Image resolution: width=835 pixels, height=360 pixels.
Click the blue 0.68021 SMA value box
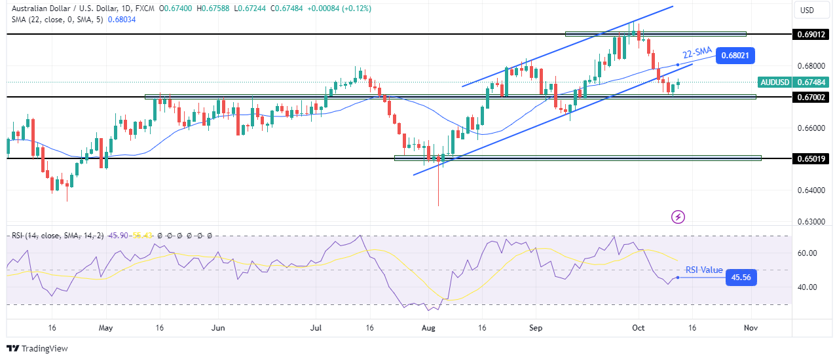(x=735, y=56)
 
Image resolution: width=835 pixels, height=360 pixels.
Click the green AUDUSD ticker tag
(x=774, y=82)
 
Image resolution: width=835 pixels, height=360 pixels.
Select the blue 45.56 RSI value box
(x=740, y=278)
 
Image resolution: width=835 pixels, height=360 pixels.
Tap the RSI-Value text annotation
(x=704, y=270)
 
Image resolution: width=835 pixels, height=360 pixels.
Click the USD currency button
(x=807, y=10)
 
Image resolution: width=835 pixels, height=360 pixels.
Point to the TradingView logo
(x=37, y=348)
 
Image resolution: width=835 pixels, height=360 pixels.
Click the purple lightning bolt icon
(x=678, y=216)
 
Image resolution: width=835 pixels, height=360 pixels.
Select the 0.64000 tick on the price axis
(x=811, y=190)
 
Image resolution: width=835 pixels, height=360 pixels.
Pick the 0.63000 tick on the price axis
(x=811, y=222)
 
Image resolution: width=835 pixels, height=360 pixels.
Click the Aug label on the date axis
(x=430, y=327)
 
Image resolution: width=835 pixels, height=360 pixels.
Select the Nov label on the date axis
(x=751, y=327)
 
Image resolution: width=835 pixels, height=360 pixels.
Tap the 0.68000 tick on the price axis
(x=811, y=66)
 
